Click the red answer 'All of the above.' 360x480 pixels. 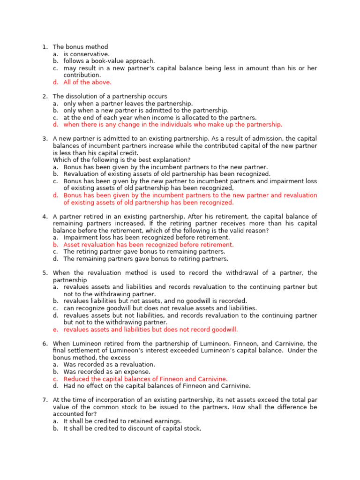88,82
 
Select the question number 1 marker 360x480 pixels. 45,47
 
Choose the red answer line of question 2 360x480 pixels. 173,125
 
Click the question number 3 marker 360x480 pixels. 45,139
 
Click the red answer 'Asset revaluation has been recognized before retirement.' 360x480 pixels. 149,245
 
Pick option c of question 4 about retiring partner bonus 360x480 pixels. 144,252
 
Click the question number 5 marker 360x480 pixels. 45,273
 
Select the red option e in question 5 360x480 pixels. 150,330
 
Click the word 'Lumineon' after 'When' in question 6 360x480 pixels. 88,344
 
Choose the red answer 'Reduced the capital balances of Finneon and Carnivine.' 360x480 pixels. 145,379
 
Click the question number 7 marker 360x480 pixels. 45,400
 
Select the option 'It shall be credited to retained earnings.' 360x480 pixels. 123,421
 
